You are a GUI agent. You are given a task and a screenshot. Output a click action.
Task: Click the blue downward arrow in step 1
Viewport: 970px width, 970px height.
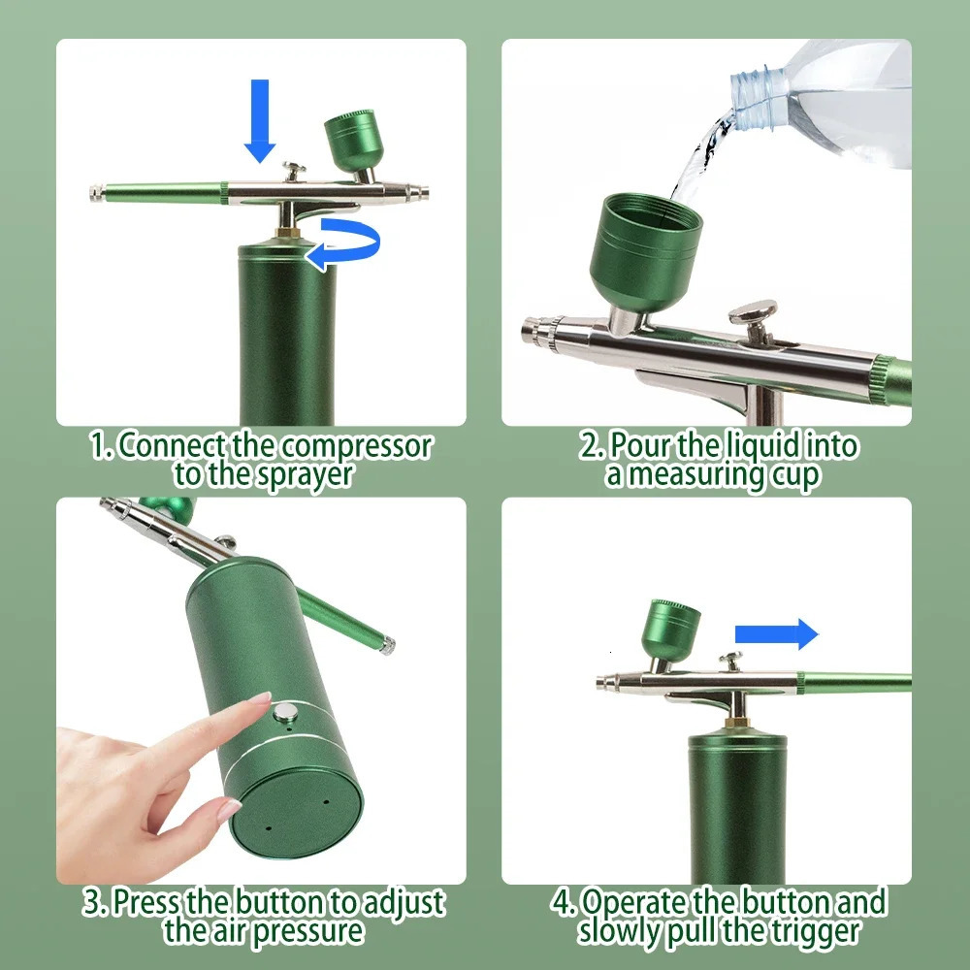[259, 119]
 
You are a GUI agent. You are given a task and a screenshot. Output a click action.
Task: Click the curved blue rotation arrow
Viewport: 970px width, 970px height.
[343, 240]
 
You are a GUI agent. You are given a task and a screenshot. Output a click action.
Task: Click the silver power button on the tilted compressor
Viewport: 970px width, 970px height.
[284, 716]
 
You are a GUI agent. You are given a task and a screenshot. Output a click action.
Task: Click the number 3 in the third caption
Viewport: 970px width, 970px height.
[92, 903]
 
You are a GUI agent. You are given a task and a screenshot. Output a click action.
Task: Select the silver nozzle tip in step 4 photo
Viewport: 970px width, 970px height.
[602, 681]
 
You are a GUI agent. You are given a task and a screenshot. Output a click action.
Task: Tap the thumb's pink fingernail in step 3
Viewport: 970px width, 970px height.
[229, 807]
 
